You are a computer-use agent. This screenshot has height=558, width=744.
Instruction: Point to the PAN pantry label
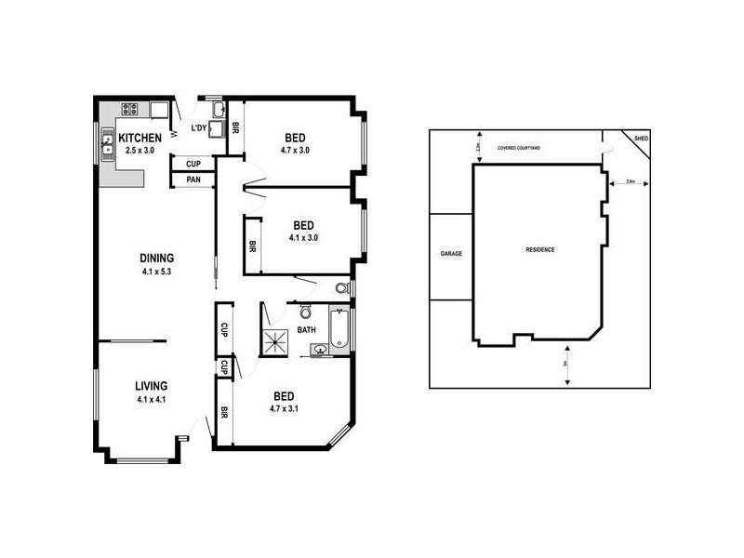click(193, 179)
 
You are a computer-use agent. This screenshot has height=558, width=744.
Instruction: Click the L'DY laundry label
click(198, 128)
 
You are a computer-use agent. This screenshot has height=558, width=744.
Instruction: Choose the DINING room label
click(157, 259)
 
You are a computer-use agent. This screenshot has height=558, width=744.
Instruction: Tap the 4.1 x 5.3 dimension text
click(157, 272)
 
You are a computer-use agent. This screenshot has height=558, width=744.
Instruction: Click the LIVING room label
click(151, 385)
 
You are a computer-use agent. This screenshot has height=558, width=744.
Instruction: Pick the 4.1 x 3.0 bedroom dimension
click(303, 237)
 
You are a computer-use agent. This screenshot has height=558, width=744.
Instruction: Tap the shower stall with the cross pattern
click(276, 341)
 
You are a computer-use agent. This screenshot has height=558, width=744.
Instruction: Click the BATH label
click(306, 329)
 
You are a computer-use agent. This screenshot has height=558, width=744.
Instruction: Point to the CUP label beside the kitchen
click(193, 164)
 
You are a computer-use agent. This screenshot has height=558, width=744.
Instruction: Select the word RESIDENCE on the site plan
click(540, 250)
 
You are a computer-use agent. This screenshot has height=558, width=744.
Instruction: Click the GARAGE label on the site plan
click(452, 253)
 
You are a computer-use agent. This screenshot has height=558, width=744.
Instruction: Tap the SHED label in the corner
click(641, 139)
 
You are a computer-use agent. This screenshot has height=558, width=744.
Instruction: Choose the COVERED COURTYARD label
click(519, 147)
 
